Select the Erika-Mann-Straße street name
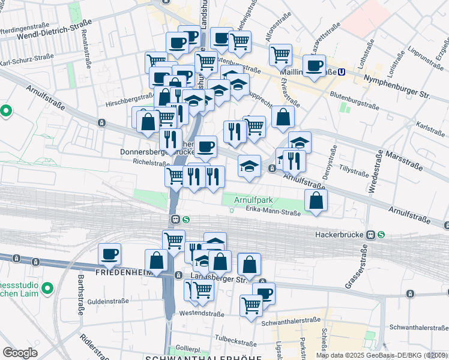pyautogui.click(x=273, y=208)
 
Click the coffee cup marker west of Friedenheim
pyautogui.click(x=109, y=254)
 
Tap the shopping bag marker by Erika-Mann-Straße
pyautogui.click(x=316, y=201)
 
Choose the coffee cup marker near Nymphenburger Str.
pyautogui.click(x=314, y=66)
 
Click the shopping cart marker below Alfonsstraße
pyautogui.click(x=280, y=55)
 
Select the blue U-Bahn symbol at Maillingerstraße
pyautogui.click(x=341, y=72)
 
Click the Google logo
pyautogui.click(x=20, y=353)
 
